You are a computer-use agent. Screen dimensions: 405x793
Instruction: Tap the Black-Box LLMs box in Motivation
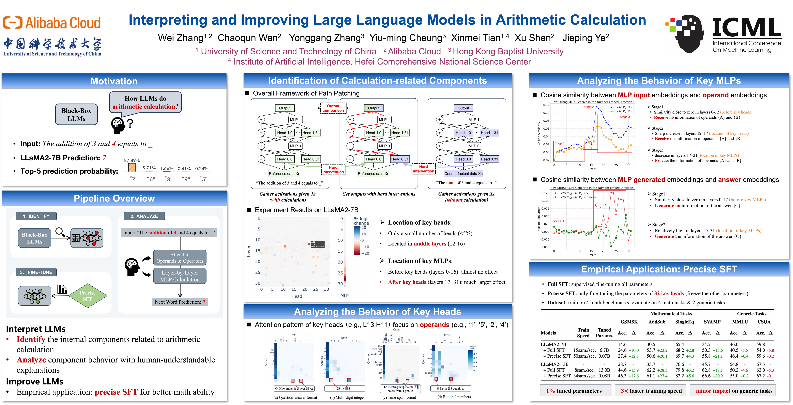(76, 115)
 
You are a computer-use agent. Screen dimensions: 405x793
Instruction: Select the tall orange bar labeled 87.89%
(132, 167)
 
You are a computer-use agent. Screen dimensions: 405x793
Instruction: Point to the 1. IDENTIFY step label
(36, 216)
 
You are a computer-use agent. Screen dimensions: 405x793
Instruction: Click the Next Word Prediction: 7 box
(180, 302)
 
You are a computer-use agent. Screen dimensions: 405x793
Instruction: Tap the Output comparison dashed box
(333, 108)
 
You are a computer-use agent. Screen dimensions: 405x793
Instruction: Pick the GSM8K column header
(629, 322)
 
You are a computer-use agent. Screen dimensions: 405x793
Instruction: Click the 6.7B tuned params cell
(604, 350)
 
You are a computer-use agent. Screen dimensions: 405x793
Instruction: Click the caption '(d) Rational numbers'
(454, 397)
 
